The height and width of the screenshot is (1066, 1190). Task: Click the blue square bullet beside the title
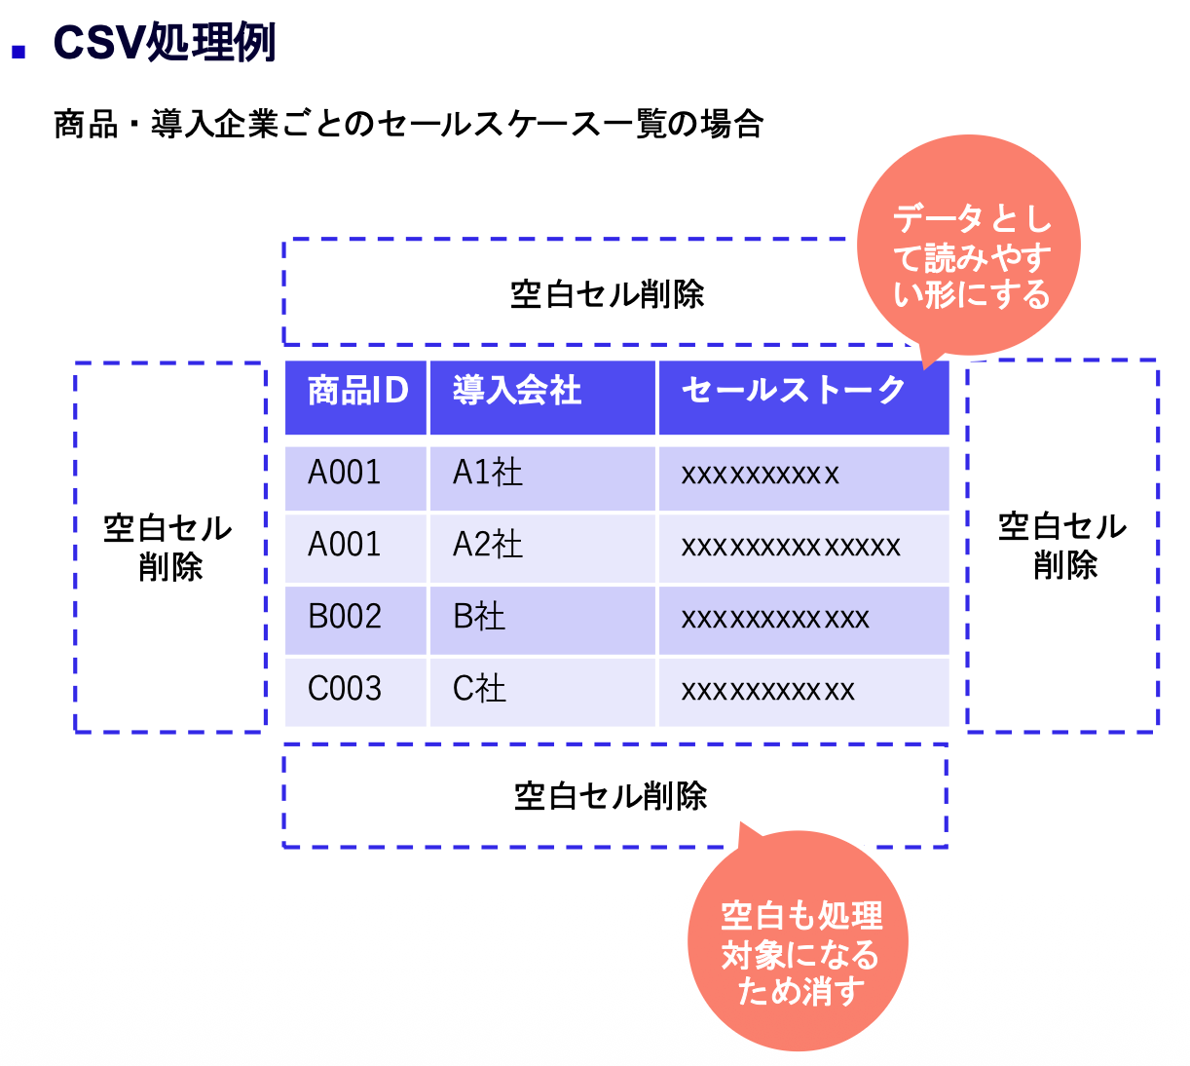pyautogui.click(x=19, y=52)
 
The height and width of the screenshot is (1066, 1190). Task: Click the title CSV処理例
pyautogui.click(x=165, y=42)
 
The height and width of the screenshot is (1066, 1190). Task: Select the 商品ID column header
pyautogui.click(x=355, y=398)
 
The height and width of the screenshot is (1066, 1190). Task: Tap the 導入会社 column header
pyautogui.click(x=542, y=398)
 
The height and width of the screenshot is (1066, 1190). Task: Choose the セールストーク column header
pyautogui.click(x=803, y=398)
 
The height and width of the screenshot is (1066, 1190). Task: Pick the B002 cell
pyautogui.click(x=355, y=620)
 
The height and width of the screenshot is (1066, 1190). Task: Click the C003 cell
pyautogui.click(x=355, y=692)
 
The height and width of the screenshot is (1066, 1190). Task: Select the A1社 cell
pyautogui.click(x=542, y=478)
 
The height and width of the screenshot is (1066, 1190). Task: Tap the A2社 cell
pyautogui.click(x=542, y=549)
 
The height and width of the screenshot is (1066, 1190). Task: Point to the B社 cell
pyautogui.click(x=542, y=620)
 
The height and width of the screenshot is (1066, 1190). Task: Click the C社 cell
pyautogui.click(x=542, y=692)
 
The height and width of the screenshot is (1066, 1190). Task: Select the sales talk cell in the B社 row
pyautogui.click(x=803, y=620)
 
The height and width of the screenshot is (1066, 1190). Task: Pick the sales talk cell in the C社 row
pyautogui.click(x=803, y=692)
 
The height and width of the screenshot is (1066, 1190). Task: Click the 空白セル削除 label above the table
pyautogui.click(x=607, y=294)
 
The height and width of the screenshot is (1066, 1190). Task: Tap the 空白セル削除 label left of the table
pyautogui.click(x=168, y=547)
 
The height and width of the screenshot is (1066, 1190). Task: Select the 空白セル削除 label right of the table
pyautogui.click(x=1062, y=546)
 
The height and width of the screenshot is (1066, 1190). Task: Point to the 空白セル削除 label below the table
pyautogui.click(x=611, y=796)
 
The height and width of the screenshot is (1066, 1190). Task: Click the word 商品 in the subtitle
pyautogui.click(x=86, y=125)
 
